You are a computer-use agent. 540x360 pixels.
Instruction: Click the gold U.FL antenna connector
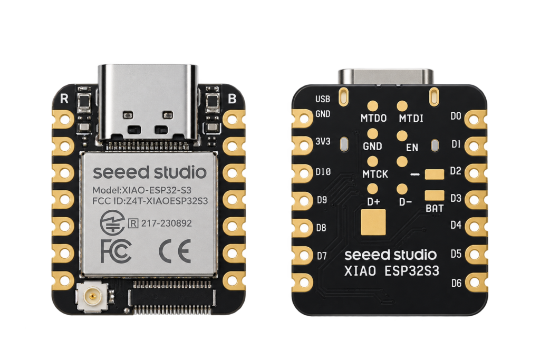pyautogui.click(x=92, y=296)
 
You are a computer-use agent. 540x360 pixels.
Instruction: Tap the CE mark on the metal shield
pyautogui.click(x=175, y=251)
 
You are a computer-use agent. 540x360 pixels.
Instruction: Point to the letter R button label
pyautogui.click(x=64, y=99)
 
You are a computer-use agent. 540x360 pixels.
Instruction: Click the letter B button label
pyautogui.click(x=232, y=99)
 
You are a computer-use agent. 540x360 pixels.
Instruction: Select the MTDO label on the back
pyautogui.click(x=374, y=119)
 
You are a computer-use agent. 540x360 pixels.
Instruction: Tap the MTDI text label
pyautogui.click(x=411, y=119)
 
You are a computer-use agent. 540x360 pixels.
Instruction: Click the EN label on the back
pyautogui.click(x=412, y=148)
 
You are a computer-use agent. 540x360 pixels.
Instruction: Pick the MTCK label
pyautogui.click(x=375, y=174)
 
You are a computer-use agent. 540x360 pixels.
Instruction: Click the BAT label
pyautogui.click(x=435, y=208)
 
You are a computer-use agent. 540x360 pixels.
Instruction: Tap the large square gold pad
pyautogui.click(x=373, y=222)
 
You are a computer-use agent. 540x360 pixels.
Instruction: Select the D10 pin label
pyautogui.click(x=323, y=171)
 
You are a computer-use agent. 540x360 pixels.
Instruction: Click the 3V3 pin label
pyautogui.click(x=323, y=141)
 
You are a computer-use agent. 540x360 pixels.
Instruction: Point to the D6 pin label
pyautogui.click(x=456, y=283)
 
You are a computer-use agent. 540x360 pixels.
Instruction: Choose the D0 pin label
pyautogui.click(x=456, y=116)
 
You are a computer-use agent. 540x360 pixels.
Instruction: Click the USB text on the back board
pyautogui.click(x=323, y=99)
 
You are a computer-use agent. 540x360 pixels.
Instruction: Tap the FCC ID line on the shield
pyautogui.click(x=150, y=201)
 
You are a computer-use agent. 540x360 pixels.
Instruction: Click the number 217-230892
pyautogui.click(x=166, y=223)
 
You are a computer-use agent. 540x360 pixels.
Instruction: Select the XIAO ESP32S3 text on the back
pyautogui.click(x=392, y=271)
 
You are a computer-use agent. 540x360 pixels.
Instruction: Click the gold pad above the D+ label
pyautogui.click(x=373, y=189)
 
